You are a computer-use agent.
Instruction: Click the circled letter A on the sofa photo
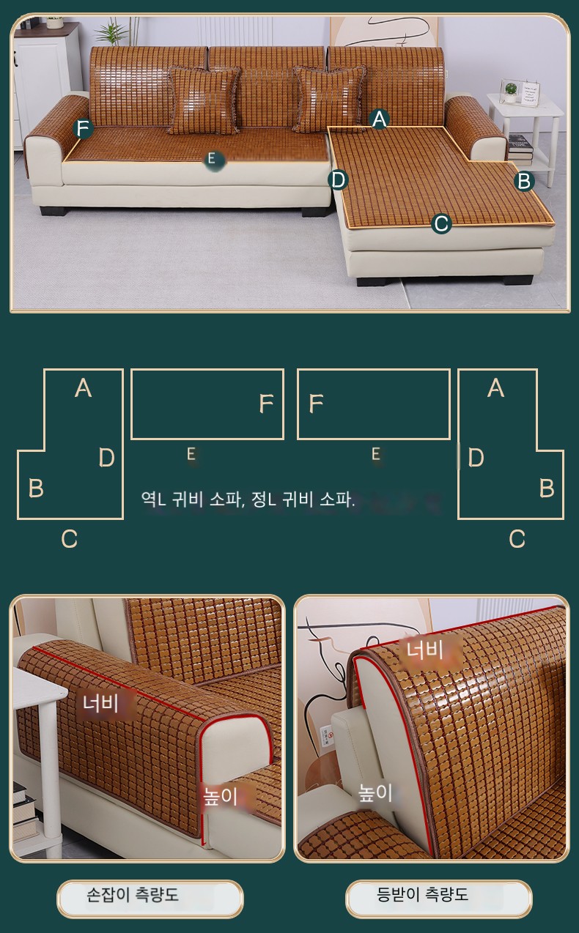point(380,119)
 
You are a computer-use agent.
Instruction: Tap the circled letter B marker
point(524,181)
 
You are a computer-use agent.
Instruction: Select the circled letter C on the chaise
point(441,223)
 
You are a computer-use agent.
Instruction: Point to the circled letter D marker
point(338,180)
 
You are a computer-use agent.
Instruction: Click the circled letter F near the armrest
point(83,128)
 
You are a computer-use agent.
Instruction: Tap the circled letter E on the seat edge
point(212,159)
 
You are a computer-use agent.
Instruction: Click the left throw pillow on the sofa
point(204,100)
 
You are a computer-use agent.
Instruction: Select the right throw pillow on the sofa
point(329,99)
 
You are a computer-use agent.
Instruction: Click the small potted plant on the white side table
point(510,92)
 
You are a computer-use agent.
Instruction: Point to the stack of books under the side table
point(520,149)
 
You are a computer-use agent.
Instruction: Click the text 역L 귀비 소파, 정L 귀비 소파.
point(248,499)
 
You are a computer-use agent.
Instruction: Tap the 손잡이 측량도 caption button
point(150,899)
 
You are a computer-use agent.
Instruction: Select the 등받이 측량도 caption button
point(439,899)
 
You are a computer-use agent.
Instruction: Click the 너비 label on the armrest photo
point(101,704)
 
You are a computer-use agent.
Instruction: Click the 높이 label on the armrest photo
point(220,796)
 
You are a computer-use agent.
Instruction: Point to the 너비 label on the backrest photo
point(425,650)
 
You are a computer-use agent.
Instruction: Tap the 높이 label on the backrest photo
point(375,793)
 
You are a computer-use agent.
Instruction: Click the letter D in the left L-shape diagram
point(107,457)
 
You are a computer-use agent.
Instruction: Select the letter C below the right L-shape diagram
point(517,538)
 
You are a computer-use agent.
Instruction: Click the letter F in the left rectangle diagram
point(266,404)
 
